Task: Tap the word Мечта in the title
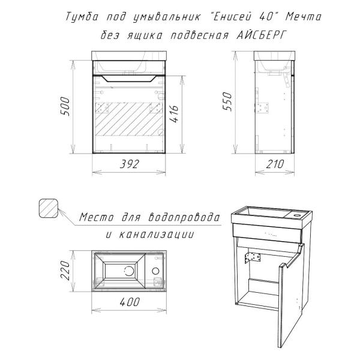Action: (x=303, y=16)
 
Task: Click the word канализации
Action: (x=161, y=234)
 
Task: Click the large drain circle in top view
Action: (x=128, y=271)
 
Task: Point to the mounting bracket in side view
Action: (x=262, y=109)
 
